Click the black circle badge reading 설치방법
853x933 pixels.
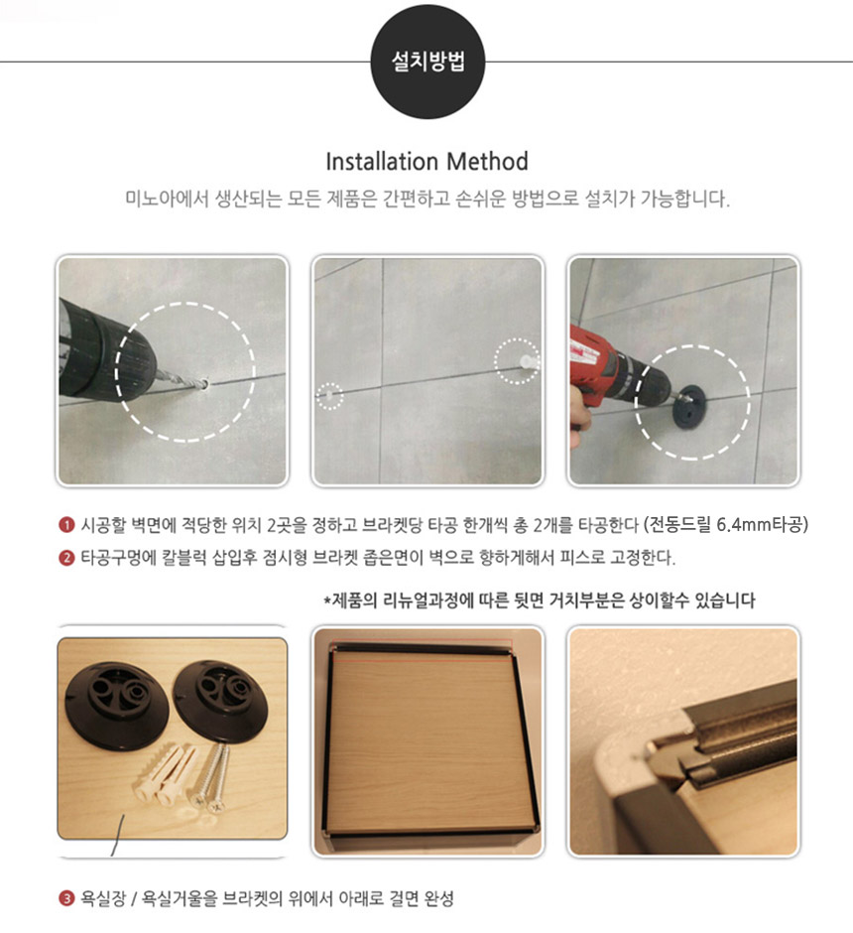click(427, 62)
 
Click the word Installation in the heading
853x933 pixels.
click(382, 162)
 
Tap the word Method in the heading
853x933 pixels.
click(487, 162)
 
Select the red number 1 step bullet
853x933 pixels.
click(66, 525)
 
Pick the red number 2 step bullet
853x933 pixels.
click(66, 558)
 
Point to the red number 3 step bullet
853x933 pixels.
click(66, 898)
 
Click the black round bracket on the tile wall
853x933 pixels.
click(689, 405)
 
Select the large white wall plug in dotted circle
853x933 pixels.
click(526, 360)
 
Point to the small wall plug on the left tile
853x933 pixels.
click(328, 394)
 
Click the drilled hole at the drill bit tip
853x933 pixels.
click(204, 384)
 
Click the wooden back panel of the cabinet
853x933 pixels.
click(426, 743)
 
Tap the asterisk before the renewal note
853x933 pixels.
click(326, 600)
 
